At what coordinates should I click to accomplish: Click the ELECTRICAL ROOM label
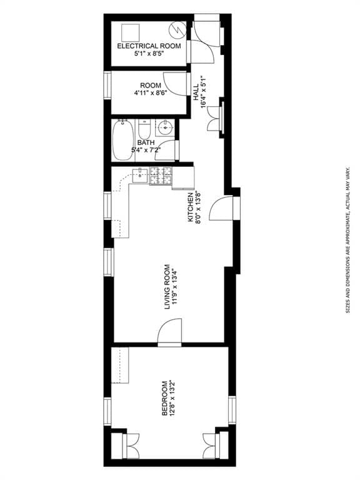149,46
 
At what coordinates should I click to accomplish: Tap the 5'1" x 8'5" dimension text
149,54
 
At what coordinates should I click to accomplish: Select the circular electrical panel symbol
177,30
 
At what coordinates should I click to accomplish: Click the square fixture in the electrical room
131,32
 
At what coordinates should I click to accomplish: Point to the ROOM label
150,86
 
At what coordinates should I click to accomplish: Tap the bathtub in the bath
122,140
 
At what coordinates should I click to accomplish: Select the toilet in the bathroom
144,130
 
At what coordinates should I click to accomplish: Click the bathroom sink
166,127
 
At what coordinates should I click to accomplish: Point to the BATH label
146,142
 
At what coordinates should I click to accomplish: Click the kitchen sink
140,176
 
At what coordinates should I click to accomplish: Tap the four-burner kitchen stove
161,176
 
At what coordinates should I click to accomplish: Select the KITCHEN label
191,207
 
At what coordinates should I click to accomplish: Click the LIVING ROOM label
167,286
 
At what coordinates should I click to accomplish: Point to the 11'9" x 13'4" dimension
175,287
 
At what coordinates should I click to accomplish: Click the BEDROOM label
165,398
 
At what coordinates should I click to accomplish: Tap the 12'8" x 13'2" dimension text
172,398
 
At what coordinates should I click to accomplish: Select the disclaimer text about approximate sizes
347,240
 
